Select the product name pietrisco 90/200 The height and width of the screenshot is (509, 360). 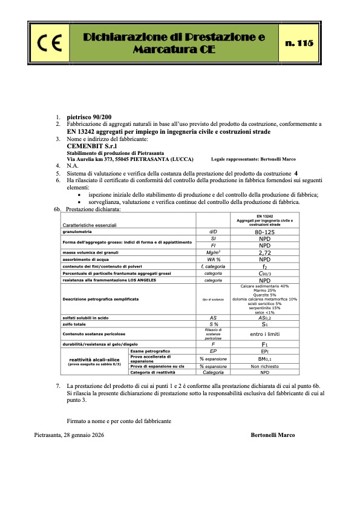(x=89, y=116)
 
